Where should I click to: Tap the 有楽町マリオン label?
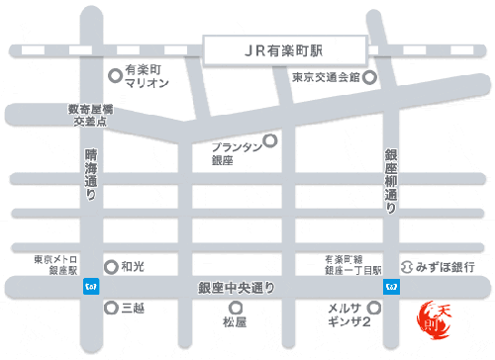pyautogui.click(x=145, y=78)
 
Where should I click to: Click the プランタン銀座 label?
pyautogui.click(x=236, y=153)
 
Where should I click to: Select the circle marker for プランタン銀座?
pyautogui.click(x=267, y=140)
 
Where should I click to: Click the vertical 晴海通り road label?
pyautogui.click(x=91, y=176)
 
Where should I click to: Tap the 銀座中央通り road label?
pyautogui.click(x=236, y=287)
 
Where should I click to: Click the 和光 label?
pyautogui.click(x=134, y=266)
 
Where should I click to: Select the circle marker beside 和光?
pyautogui.click(x=111, y=266)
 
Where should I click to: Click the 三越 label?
pyautogui.click(x=133, y=309)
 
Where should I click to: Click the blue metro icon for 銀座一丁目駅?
pyautogui.click(x=390, y=287)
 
